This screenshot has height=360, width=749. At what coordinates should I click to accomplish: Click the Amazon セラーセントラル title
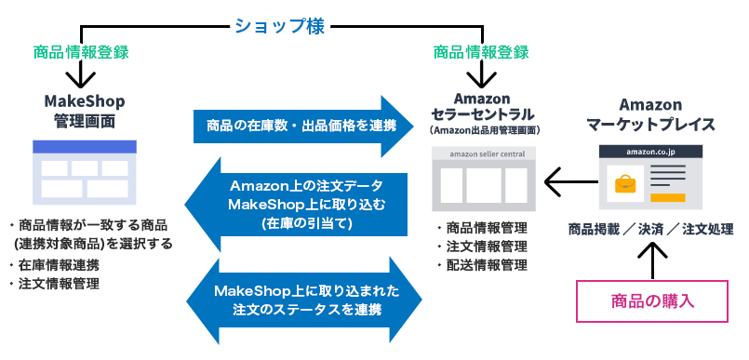tap(481, 106)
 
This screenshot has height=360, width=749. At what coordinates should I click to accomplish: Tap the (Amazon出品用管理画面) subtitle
tap(480, 132)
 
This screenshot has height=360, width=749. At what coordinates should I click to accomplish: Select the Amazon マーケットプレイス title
tap(650, 114)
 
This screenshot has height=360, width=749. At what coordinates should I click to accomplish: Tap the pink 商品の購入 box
tap(650, 300)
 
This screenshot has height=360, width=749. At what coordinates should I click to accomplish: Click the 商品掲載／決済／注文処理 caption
tap(650, 229)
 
